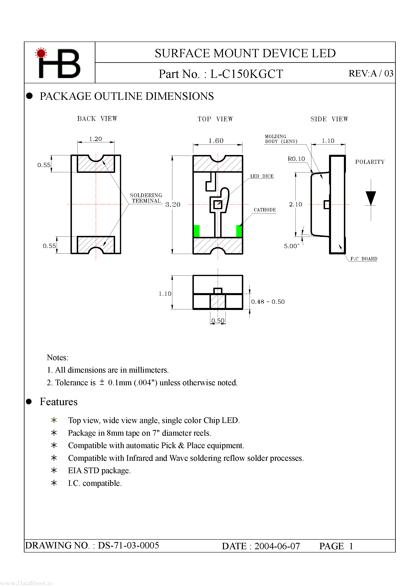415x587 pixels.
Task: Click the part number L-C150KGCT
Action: coord(246,74)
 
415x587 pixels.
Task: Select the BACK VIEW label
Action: coord(97,119)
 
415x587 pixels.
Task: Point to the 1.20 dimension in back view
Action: coord(95,139)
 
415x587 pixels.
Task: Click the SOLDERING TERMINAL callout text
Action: coord(146,198)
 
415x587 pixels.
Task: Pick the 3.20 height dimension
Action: coord(173,205)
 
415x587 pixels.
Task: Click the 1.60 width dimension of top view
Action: coord(216,141)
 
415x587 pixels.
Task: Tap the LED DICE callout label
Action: coord(262,176)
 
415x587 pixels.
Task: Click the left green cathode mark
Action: coord(196,231)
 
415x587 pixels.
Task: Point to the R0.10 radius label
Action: coord(296,159)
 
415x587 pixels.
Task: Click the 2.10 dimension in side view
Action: coord(295,205)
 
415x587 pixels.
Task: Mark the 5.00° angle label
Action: coord(291,246)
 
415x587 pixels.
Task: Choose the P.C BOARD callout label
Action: coord(364,259)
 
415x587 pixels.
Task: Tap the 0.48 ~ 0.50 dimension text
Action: coord(268,302)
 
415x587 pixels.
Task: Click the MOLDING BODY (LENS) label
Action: coord(281,139)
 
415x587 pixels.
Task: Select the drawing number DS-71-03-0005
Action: coord(128,545)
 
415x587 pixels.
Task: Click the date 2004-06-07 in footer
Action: coord(277,546)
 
